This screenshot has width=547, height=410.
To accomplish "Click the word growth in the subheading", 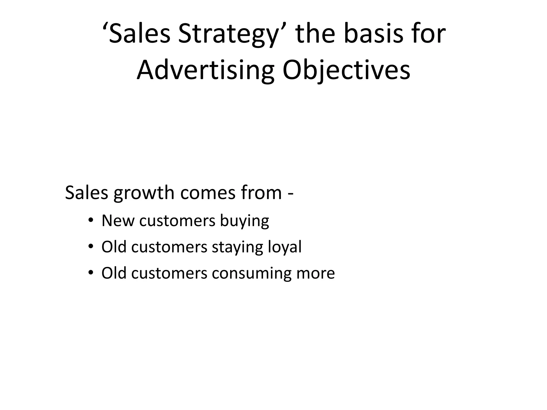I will coord(144,193).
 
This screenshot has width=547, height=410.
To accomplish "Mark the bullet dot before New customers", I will coord(91,220).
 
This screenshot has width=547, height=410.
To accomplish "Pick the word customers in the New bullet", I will coord(177,221).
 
